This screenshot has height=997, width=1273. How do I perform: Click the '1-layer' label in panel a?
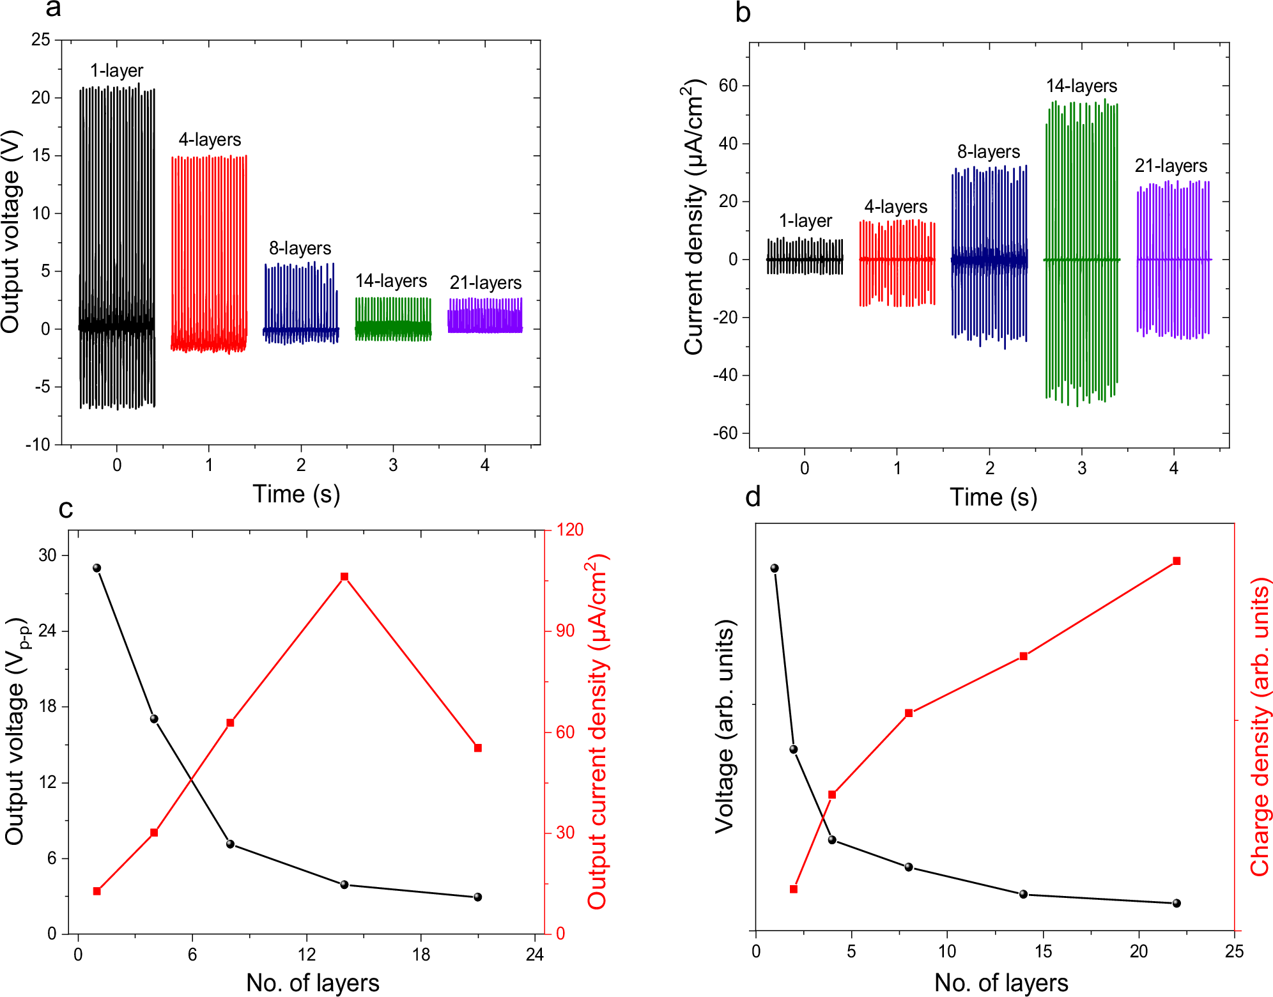coord(116,70)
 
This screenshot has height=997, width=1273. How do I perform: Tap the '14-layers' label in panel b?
coord(1081,86)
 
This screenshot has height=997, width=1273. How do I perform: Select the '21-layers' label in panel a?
coord(485,282)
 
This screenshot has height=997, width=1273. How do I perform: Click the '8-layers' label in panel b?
coord(988,151)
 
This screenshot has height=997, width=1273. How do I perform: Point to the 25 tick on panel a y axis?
coord(41,40)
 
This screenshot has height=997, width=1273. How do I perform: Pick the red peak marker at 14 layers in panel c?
coord(344,576)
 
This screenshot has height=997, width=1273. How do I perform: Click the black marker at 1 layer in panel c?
coord(97,568)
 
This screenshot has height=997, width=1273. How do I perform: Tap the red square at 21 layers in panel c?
coord(477,748)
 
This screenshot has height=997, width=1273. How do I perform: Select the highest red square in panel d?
coord(1177,561)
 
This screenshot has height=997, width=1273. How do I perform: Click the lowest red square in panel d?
coord(794,889)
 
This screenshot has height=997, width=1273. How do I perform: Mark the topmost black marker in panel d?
coord(775,568)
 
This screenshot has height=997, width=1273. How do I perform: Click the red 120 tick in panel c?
coord(569,529)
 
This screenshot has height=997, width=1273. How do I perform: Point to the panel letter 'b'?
coord(743,13)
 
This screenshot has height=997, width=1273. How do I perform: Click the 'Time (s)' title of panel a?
coord(296,494)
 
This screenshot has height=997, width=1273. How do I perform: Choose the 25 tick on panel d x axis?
coord(1234,952)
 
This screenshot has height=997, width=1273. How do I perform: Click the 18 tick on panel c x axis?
coord(420,955)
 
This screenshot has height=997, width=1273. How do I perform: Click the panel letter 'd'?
coord(753,497)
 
